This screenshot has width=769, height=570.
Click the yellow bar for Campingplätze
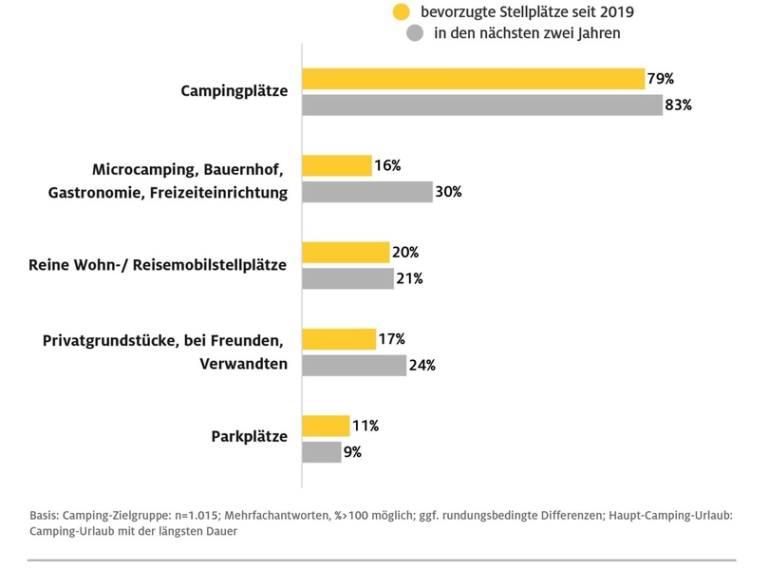pyautogui.click(x=473, y=79)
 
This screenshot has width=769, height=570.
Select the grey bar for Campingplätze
pyautogui.click(x=481, y=104)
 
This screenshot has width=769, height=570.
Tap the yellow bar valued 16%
pyautogui.click(x=336, y=165)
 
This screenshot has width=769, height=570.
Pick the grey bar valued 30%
pyautogui.click(x=366, y=192)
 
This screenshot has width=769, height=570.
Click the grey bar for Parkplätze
pyautogui.click(x=321, y=452)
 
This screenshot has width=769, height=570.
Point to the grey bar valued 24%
pyautogui.click(x=353, y=366)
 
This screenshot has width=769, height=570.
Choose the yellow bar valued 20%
pyautogui.click(x=345, y=253)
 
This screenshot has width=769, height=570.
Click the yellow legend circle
pyautogui.click(x=403, y=12)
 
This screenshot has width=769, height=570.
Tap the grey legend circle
pyautogui.click(x=414, y=34)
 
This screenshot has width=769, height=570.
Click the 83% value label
pyautogui.click(x=679, y=104)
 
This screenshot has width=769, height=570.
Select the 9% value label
pyautogui.click(x=352, y=452)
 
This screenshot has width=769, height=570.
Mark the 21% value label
pyautogui.click(x=409, y=278)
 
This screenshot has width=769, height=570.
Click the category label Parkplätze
pyautogui.click(x=248, y=437)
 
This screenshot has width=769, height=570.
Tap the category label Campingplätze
pyautogui.click(x=234, y=91)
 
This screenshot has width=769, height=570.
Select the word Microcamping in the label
pyautogui.click(x=141, y=169)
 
